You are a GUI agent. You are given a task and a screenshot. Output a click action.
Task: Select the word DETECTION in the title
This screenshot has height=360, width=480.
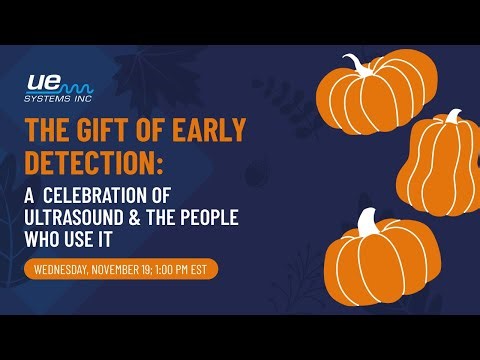(x=87, y=161)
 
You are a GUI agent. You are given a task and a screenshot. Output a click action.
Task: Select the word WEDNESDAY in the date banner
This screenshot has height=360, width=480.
(x=66, y=269)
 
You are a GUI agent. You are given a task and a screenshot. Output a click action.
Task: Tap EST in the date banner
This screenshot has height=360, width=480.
(x=204, y=269)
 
